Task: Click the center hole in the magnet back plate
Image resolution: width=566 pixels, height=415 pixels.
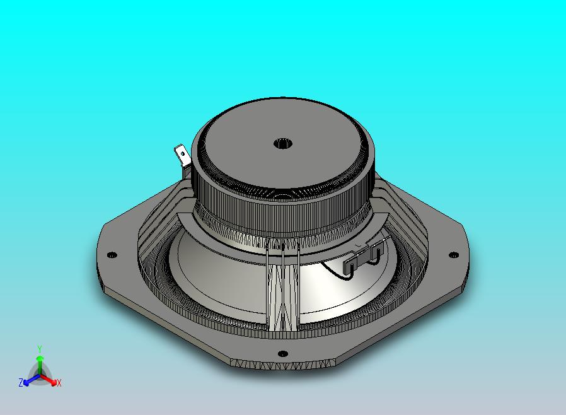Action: [x=282, y=144]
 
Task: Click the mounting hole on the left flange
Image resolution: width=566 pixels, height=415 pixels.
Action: [x=112, y=255]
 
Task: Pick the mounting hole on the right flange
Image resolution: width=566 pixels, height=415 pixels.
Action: [x=453, y=255]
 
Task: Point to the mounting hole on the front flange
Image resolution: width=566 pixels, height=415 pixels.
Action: [x=283, y=353]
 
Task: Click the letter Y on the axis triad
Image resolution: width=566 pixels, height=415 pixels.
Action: [x=39, y=349]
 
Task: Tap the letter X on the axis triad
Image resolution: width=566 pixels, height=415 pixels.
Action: [x=59, y=383]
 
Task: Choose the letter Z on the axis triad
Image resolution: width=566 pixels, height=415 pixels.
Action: [x=21, y=383]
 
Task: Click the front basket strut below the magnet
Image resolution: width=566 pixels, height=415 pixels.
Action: [x=282, y=290]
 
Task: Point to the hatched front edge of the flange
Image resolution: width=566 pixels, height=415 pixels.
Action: [x=284, y=365]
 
